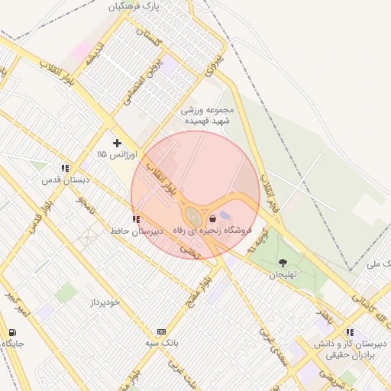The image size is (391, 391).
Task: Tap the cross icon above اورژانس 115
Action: [117, 143]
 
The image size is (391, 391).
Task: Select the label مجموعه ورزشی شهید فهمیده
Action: [212, 115]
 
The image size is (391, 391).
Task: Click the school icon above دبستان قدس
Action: [66, 167]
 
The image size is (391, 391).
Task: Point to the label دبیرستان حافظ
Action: [136, 230]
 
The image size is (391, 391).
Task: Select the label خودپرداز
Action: [103, 302]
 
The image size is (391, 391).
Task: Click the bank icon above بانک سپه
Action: [161, 331]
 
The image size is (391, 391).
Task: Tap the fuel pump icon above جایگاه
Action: [12, 332]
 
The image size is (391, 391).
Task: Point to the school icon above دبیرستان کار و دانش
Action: [350, 332]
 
